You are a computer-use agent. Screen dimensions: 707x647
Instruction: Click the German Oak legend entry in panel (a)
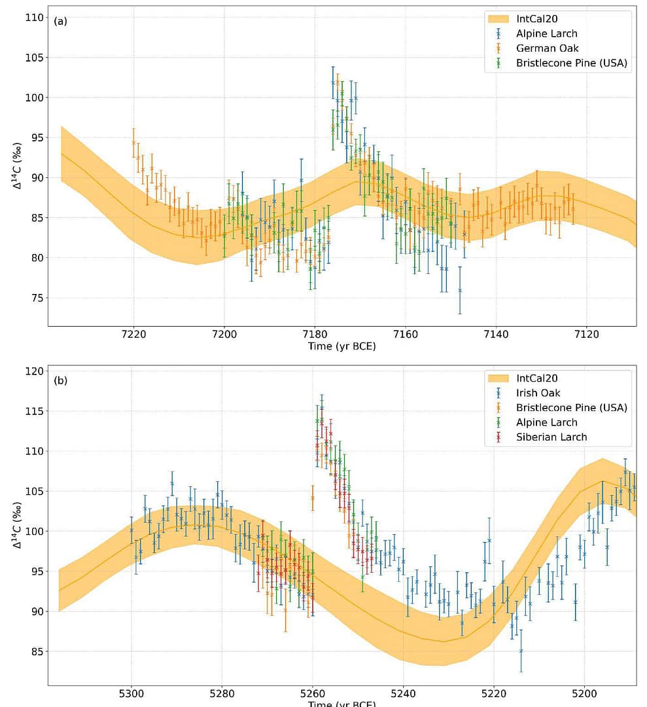547,48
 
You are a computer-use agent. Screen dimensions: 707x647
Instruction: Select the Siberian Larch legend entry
551,437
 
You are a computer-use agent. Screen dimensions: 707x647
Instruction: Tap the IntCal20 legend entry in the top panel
539,18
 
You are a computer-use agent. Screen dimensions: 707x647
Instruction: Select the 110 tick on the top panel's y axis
33,18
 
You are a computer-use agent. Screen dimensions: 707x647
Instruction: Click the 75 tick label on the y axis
36,298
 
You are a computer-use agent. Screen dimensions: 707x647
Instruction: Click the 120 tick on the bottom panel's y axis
33,371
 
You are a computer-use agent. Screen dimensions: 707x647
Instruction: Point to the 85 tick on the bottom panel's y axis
36,651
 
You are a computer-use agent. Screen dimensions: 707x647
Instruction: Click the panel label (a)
60,20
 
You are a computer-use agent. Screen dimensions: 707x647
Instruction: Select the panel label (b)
60,380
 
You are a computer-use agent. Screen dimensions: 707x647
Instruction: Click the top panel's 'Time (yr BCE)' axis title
341,346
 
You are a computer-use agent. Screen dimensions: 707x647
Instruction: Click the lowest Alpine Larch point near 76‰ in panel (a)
460,290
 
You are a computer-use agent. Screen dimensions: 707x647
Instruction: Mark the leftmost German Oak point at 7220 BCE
133,143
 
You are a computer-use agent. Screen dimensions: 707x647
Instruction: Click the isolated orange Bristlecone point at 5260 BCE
313,498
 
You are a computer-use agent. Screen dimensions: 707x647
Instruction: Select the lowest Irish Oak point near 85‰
521,651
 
